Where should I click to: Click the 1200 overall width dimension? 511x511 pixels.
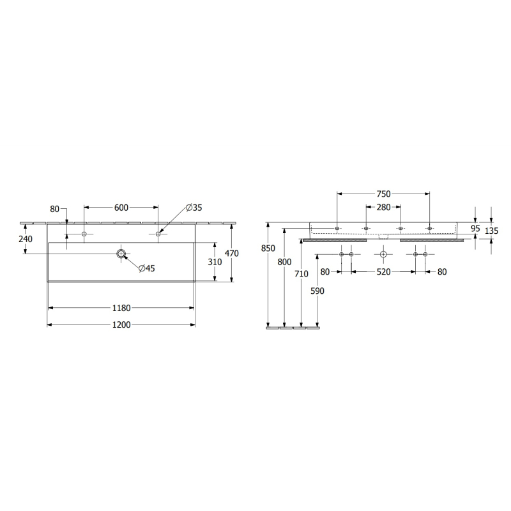pyautogui.click(x=121, y=324)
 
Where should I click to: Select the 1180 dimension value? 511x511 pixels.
pyautogui.click(x=121, y=308)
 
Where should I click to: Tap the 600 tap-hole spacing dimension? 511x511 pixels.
pyautogui.click(x=121, y=208)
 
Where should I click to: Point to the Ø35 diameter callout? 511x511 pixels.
pyautogui.click(x=194, y=208)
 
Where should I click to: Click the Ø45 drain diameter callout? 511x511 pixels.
pyautogui.click(x=147, y=268)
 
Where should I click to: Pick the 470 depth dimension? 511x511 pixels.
pyautogui.click(x=232, y=253)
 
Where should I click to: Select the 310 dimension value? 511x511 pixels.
pyautogui.click(x=215, y=262)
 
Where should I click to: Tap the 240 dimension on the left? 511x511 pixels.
pyautogui.click(x=26, y=239)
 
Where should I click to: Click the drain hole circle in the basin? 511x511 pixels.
pyautogui.click(x=121, y=254)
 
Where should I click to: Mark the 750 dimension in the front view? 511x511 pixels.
pyautogui.click(x=383, y=194)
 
